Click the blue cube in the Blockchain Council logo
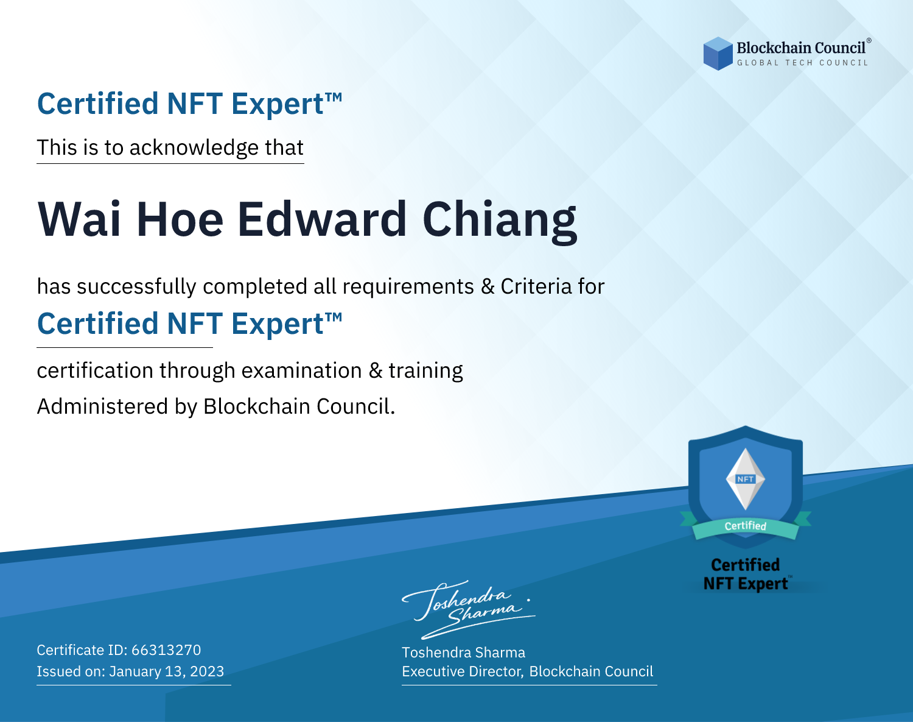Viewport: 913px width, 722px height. [x=718, y=54]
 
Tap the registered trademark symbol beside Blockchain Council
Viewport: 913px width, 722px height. [x=869, y=41]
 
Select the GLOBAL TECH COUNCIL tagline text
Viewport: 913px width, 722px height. [x=803, y=63]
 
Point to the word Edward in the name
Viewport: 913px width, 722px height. [x=322, y=219]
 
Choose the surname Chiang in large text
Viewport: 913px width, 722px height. [x=500, y=222]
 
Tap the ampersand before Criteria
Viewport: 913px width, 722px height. [x=488, y=286]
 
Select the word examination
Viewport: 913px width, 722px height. [x=301, y=370]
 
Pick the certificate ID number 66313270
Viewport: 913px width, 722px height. [x=166, y=650]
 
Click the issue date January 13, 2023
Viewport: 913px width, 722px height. [x=166, y=671]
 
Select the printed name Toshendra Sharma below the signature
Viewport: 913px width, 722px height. [x=463, y=653]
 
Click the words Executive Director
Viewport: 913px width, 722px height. [x=462, y=671]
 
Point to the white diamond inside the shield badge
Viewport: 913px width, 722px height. [x=746, y=479]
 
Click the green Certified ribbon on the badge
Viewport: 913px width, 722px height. [x=746, y=526]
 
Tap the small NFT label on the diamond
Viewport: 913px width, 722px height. [x=746, y=479]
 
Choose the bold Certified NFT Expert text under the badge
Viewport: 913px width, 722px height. [x=746, y=574]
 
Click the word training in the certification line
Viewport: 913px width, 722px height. [x=425, y=371]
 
